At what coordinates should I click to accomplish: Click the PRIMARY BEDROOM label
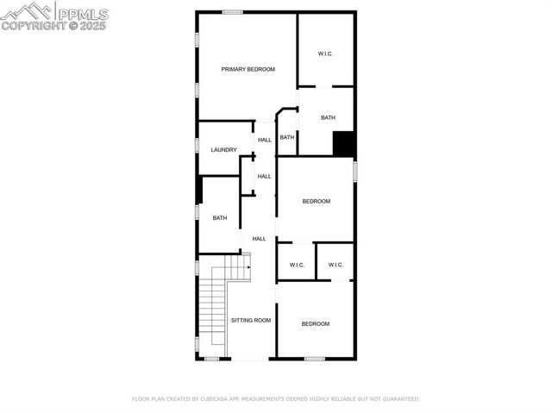[x=248, y=69]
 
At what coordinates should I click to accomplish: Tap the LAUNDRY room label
[x=223, y=150]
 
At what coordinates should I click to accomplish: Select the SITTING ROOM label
[x=251, y=321]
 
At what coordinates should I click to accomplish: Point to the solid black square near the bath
[x=344, y=144]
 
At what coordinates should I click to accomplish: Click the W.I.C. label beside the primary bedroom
[x=325, y=53]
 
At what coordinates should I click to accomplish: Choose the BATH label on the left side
[x=220, y=218]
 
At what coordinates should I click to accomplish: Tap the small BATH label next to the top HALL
[x=287, y=137]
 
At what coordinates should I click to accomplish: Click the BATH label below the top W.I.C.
[x=328, y=117]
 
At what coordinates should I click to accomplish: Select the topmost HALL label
[x=265, y=140]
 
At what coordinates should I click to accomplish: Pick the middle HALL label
[x=265, y=176]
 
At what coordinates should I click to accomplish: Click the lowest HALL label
[x=259, y=239]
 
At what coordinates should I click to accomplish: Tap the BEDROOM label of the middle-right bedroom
[x=316, y=202]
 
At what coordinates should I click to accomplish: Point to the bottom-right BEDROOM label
[x=315, y=323]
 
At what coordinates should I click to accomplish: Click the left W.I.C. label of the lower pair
[x=297, y=265]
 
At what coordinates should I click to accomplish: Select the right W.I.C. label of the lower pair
[x=336, y=265]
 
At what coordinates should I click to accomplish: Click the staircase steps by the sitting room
[x=212, y=310]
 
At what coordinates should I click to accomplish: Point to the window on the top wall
[x=231, y=11]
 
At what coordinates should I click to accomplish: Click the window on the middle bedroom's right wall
[x=354, y=171]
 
